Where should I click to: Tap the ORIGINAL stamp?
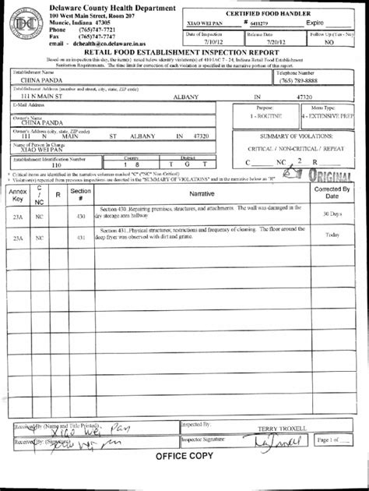click(x=328, y=177)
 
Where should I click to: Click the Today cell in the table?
click(x=332, y=235)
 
